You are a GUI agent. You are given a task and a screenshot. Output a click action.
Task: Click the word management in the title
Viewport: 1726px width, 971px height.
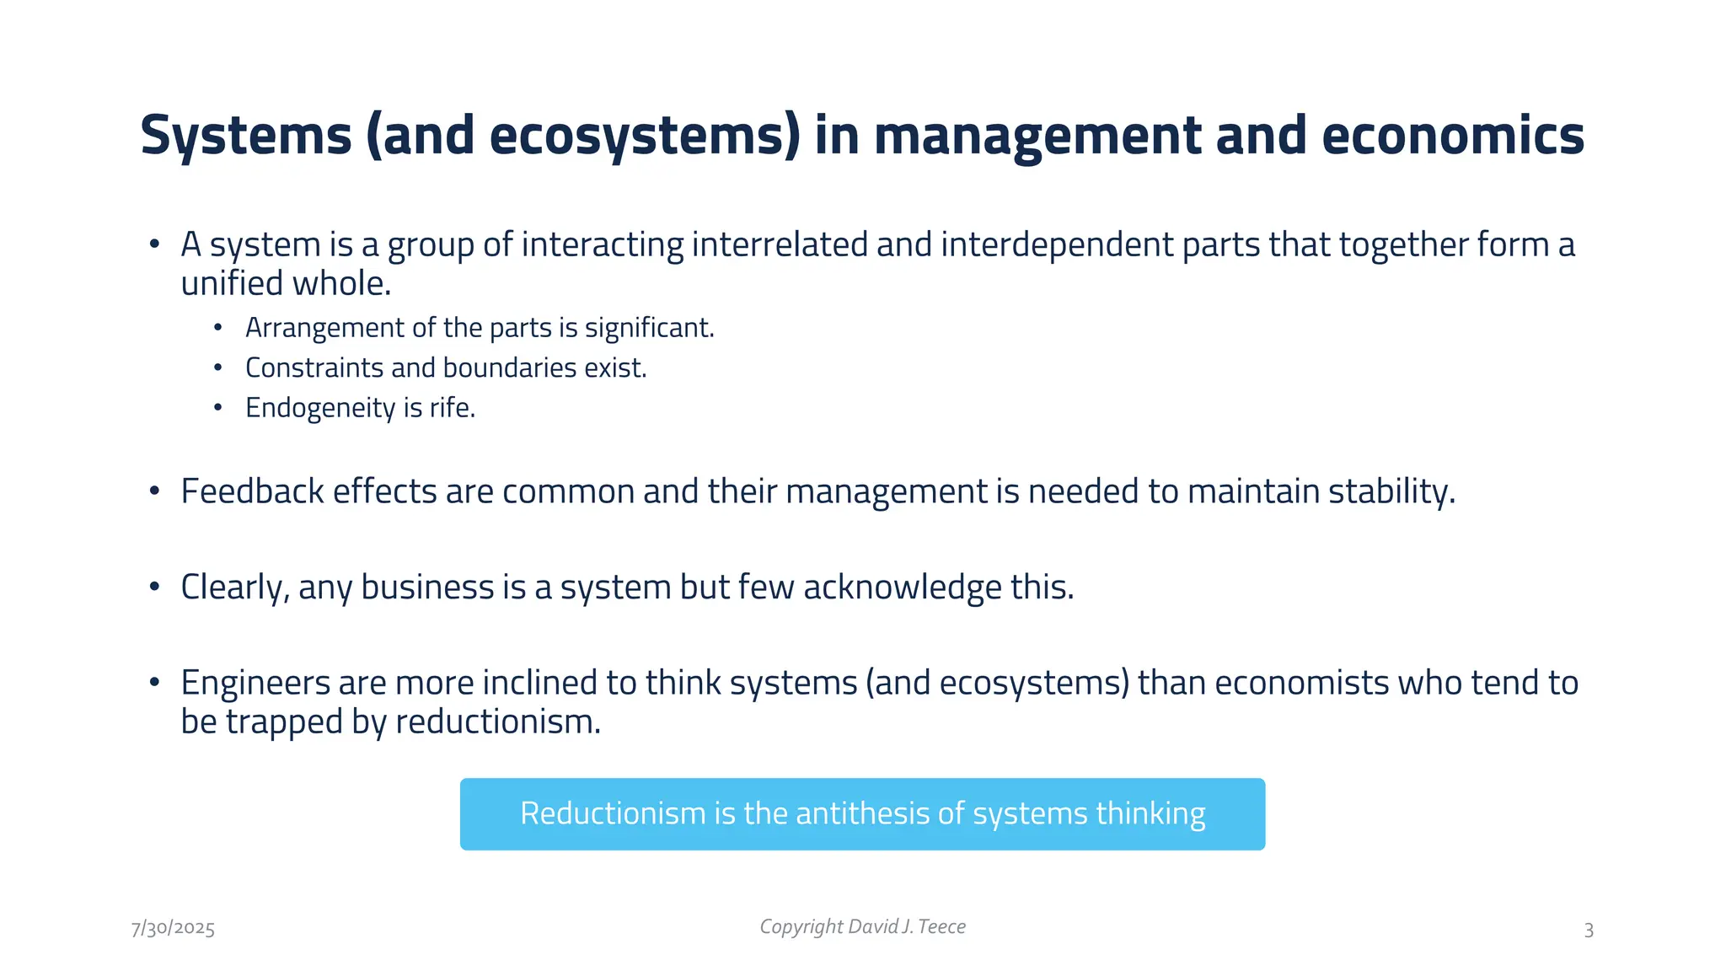pos(1038,137)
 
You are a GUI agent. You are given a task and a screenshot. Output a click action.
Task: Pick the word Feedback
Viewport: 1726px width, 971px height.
pos(252,491)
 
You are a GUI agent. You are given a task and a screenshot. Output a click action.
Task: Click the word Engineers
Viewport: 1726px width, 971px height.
pos(255,683)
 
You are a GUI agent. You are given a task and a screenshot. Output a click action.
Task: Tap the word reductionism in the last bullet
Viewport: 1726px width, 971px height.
pos(497,722)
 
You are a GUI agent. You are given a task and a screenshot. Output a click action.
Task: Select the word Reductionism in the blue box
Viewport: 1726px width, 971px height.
pos(613,813)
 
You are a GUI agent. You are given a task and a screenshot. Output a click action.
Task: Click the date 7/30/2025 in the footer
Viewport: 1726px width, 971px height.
pos(173,929)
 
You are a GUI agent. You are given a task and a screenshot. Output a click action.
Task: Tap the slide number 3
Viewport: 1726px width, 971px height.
pos(1589,931)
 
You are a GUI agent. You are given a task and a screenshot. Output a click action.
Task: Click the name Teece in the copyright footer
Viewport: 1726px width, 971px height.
pos(941,927)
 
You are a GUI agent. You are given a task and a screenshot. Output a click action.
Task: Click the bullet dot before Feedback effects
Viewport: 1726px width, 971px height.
pos(154,491)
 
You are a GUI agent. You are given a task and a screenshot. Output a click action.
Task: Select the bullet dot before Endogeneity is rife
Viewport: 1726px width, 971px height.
pos(218,408)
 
